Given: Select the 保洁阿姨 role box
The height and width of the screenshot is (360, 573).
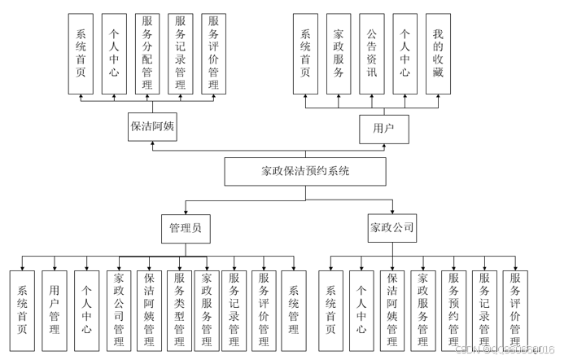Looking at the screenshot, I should [x=153, y=127].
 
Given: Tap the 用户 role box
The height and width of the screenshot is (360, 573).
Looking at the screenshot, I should [x=383, y=128].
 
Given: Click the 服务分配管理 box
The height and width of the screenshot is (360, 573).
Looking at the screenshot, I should [x=147, y=52].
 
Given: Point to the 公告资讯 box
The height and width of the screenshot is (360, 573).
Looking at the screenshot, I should [x=371, y=52].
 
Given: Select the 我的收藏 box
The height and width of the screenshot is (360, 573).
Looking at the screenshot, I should [x=438, y=52].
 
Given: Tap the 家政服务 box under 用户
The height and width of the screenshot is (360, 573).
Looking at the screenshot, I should [x=339, y=52].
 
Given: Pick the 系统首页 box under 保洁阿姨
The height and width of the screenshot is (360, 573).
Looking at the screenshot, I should [x=81, y=52].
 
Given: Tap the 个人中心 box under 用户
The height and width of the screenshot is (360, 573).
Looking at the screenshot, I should [x=405, y=52].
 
